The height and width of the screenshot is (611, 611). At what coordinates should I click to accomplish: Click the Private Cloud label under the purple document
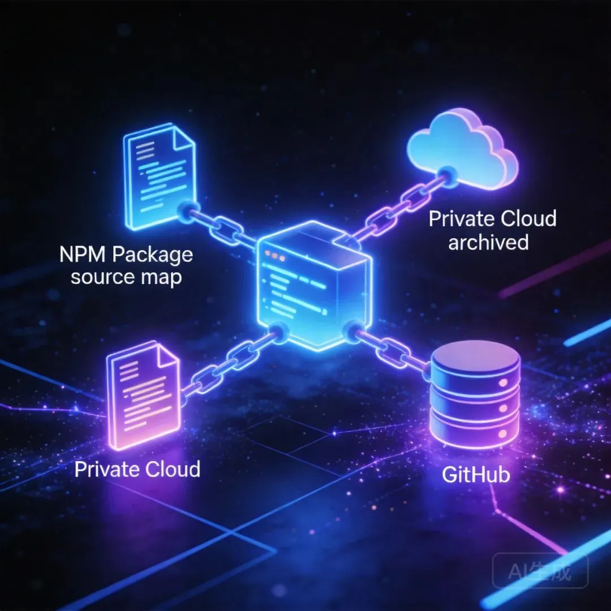click(x=137, y=468)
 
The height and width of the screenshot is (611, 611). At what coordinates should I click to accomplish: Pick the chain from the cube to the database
click(x=390, y=350)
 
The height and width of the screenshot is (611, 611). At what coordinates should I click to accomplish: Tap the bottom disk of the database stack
click(x=475, y=433)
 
